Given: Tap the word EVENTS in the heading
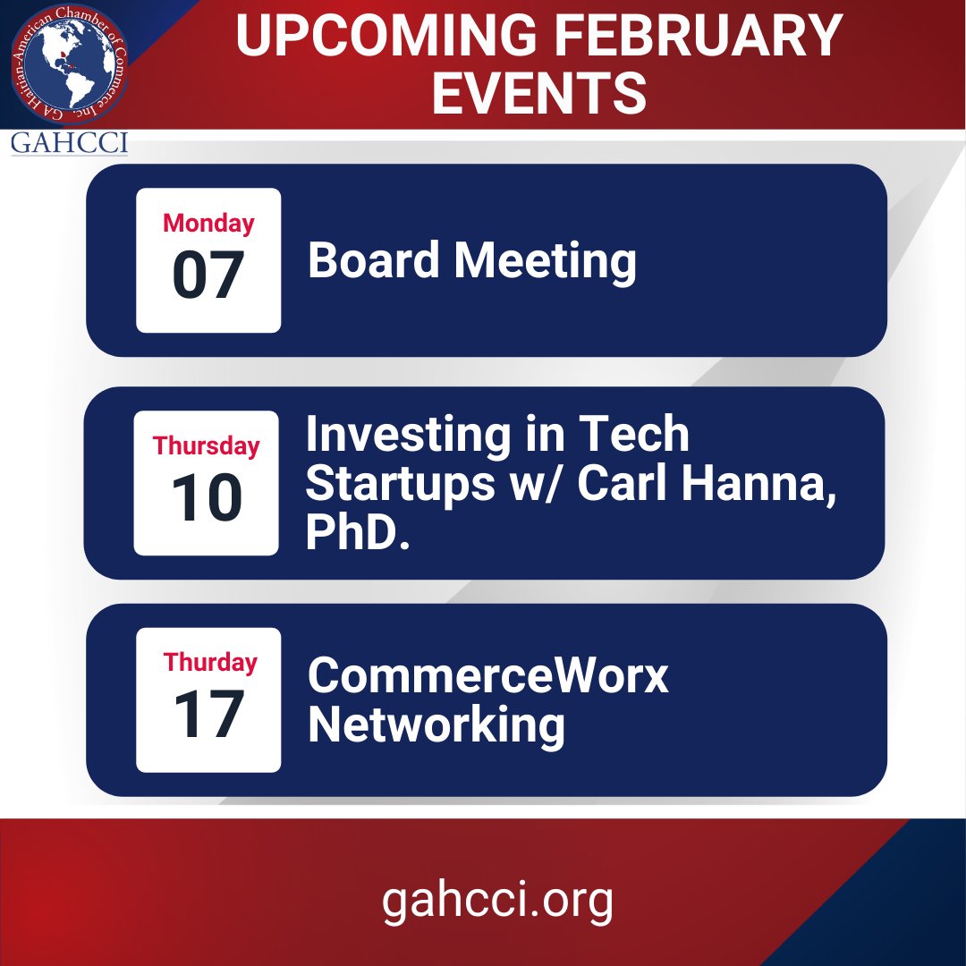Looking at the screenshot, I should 538,93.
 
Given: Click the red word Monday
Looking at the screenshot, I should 208,223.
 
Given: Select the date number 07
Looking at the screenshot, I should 208,276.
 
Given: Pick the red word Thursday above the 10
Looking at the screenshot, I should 206,445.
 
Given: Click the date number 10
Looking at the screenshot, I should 207,498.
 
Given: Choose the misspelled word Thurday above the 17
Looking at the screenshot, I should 210,662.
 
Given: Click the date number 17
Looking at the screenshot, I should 208,715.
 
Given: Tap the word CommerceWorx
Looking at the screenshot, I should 488,676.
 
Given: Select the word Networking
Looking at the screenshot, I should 436,724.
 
